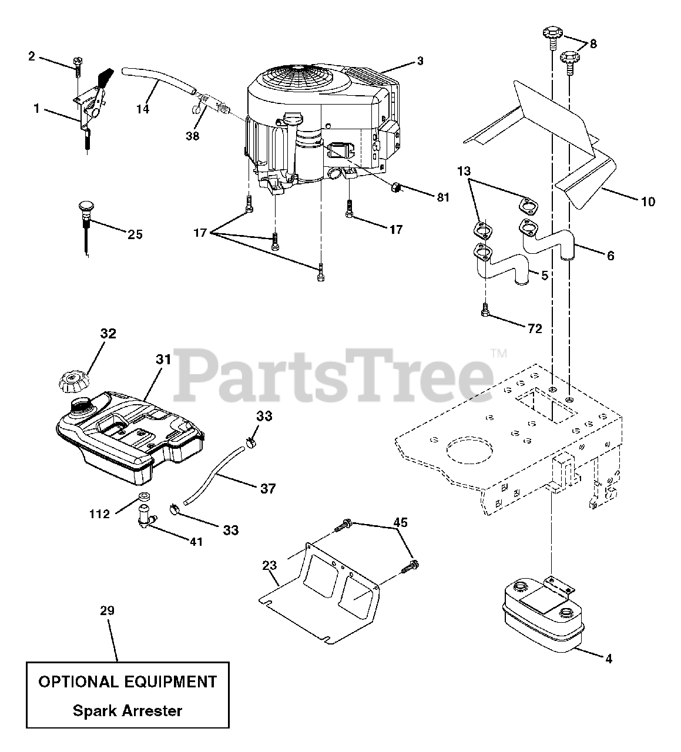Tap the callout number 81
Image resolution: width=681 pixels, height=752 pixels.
tap(442, 197)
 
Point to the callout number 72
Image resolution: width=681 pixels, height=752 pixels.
tap(534, 328)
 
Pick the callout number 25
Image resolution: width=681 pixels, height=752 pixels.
tap(135, 234)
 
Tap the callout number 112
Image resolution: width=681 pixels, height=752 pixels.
tap(99, 514)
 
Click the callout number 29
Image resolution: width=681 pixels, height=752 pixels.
tap(107, 611)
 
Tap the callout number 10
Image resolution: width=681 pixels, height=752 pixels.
tap(648, 202)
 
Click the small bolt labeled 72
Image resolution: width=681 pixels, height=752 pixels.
tap(485, 310)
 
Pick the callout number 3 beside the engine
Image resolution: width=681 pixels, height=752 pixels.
tap(420, 61)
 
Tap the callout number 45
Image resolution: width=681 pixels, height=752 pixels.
tap(400, 522)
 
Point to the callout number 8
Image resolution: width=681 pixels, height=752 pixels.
tap(593, 43)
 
